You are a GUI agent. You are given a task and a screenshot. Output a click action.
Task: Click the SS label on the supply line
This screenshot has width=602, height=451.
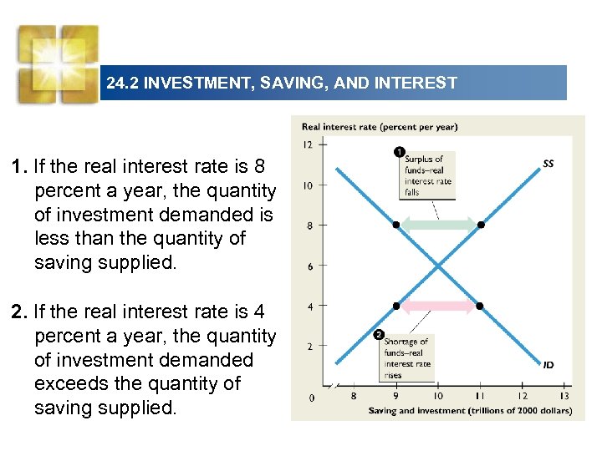(x=548, y=164)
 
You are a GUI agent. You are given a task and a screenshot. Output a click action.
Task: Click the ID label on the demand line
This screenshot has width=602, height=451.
(x=548, y=365)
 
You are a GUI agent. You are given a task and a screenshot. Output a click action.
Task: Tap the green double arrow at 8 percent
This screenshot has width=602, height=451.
(x=438, y=225)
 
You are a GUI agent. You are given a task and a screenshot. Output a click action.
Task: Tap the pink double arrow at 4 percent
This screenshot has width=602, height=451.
(x=438, y=306)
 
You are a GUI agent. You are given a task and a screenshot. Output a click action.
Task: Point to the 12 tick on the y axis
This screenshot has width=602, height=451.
(x=308, y=144)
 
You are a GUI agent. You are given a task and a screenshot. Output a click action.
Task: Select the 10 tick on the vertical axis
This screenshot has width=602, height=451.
(x=308, y=185)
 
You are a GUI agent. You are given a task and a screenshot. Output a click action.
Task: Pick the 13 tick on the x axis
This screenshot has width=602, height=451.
(x=564, y=396)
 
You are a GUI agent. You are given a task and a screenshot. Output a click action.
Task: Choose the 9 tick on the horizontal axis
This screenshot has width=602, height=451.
(x=395, y=396)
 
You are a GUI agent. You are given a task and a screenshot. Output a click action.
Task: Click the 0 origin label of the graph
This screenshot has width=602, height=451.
(x=312, y=398)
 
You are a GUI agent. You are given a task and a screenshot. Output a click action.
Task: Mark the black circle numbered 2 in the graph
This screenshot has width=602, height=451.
(x=380, y=336)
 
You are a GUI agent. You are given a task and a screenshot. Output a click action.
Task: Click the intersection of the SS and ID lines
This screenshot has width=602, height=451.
(x=438, y=266)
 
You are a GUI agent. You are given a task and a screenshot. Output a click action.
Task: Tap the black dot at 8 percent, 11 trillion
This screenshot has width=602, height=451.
(x=480, y=225)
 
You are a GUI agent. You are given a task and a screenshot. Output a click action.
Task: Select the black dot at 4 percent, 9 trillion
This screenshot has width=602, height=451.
(x=396, y=306)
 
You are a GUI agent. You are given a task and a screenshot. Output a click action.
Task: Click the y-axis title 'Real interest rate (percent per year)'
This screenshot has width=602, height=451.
(x=380, y=127)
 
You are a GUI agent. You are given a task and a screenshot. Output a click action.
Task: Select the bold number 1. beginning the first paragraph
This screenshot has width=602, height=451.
(x=20, y=167)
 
